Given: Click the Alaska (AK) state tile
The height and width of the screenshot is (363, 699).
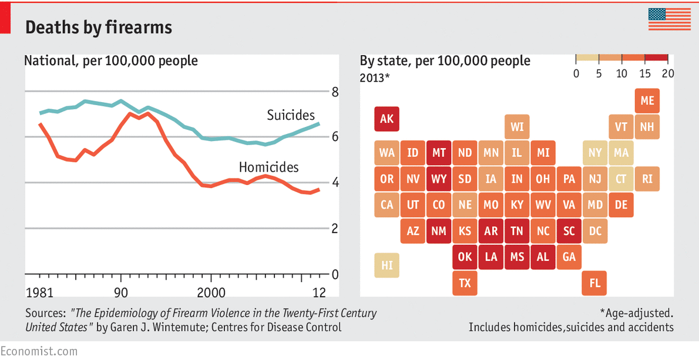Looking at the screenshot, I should tap(387, 119).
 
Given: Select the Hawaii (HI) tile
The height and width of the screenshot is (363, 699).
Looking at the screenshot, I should tap(387, 265).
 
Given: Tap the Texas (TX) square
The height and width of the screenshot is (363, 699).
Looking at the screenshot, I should tap(465, 283).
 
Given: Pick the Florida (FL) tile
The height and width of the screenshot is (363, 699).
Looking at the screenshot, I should tap(594, 283).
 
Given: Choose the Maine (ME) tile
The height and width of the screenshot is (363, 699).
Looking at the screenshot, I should tap(647, 100).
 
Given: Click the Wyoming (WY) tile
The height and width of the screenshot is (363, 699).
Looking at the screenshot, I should tap(439, 179).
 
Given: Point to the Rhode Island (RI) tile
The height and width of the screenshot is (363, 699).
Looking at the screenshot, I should tap(647, 179).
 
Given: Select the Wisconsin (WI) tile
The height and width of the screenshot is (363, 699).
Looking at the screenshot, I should tap(516, 126).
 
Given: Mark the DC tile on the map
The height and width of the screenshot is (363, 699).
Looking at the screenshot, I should tap(594, 231).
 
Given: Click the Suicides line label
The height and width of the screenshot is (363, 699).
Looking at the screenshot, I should tap(291, 115).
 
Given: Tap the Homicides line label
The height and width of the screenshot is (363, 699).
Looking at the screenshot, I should tap(268, 167).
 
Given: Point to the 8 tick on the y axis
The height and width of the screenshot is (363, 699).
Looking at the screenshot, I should tap(335, 92).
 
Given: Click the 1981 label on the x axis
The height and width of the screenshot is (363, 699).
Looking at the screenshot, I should tap(40, 293).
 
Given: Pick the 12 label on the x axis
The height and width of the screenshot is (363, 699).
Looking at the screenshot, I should tap(319, 293).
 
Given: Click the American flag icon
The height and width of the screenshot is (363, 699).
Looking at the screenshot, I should tap(670, 19).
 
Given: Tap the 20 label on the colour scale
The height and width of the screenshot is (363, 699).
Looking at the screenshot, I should tap(667, 73).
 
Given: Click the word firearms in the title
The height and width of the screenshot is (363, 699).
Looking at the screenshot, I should tap(136, 27).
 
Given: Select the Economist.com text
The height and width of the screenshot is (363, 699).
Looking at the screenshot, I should tap(39, 351).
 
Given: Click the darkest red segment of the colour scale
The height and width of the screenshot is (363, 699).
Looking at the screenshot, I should tap(657, 58).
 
